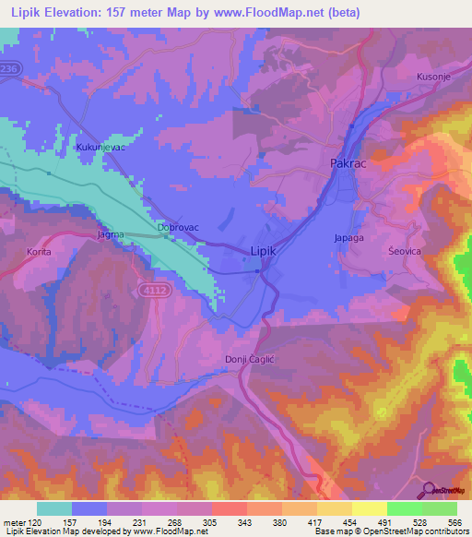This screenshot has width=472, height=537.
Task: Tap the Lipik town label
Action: (265, 250)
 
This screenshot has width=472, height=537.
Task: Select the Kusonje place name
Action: (434, 77)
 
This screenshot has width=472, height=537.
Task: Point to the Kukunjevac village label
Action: (100, 146)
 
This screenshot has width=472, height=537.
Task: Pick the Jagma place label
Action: (112, 235)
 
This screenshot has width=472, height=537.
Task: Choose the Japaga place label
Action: (348, 237)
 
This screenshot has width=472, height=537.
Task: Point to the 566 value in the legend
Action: (455, 522)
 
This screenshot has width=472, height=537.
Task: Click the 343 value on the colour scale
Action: (247, 522)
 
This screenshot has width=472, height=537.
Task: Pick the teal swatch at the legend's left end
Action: (54, 508)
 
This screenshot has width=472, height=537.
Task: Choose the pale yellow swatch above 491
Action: (369, 508)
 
